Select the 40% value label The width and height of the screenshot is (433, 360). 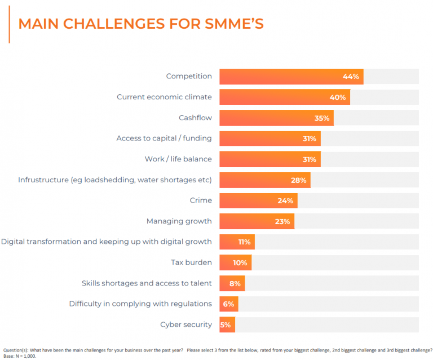[x=338, y=97]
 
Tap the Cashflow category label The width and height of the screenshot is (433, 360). [x=195, y=118]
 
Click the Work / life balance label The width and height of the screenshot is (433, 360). [x=178, y=159]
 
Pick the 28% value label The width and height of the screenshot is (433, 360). [x=299, y=180]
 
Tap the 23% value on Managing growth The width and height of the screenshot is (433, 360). [x=282, y=221]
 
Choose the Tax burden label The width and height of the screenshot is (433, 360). [x=191, y=262]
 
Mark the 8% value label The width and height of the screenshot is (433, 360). [x=235, y=283]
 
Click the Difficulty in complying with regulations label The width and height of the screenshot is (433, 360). [x=140, y=304]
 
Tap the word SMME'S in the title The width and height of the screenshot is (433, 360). [x=229, y=24]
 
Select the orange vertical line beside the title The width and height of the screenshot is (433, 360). [x=9, y=25]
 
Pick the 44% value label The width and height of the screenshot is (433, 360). [x=351, y=76]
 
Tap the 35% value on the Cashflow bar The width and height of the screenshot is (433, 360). [x=322, y=118]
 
